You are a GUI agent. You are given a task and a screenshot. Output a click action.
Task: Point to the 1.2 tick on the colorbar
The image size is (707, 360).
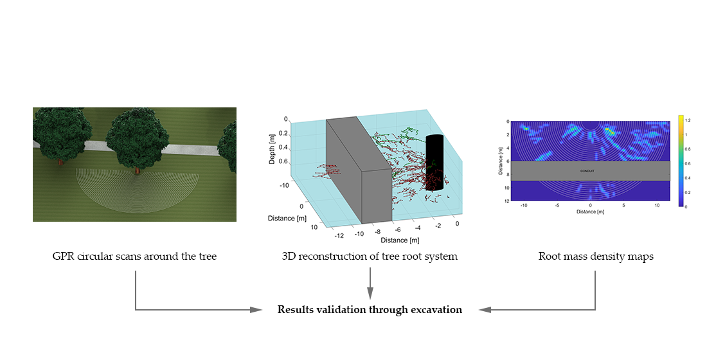pos(687,120)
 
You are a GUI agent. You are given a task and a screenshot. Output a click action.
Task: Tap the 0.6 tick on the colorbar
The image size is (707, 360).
pos(687,163)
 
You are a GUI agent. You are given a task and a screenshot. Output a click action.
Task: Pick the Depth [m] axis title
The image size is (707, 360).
pos(272,148)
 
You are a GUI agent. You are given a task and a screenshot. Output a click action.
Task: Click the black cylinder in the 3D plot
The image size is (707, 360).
pos(434,163)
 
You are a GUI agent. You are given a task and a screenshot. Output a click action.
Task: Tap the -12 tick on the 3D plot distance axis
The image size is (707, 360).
pos(339,235)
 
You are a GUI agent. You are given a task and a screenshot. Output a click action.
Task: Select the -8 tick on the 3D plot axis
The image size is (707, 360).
pos(378,232)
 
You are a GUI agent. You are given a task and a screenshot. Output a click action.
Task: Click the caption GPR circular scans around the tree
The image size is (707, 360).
pos(134,256)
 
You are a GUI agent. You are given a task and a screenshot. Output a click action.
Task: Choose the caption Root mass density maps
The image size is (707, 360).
pos(595,256)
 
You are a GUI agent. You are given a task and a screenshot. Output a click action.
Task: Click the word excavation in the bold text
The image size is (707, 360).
pos(438,309)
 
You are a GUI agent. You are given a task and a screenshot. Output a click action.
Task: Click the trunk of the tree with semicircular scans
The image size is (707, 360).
pos(137,170)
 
